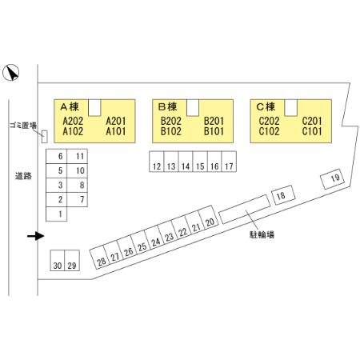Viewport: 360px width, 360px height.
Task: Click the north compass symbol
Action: pyautogui.click(x=10, y=72)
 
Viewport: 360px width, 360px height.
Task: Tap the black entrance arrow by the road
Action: pyautogui.click(x=36, y=236)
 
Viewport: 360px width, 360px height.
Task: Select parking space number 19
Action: pyautogui.click(x=332, y=179)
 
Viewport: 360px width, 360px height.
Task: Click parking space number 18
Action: pyautogui.click(x=283, y=195)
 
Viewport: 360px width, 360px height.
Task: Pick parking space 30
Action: pyautogui.click(x=58, y=260)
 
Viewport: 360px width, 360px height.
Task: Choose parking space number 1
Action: pyautogui.click(x=56, y=214)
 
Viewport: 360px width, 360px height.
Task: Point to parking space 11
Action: pyautogui.click(x=77, y=156)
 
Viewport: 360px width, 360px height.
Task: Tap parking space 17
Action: pyautogui.click(x=229, y=162)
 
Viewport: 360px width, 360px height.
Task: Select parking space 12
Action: pyautogui.click(x=157, y=162)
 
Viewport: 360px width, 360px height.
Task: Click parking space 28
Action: pyautogui.click(x=99, y=257)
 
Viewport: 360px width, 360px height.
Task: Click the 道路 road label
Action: pyautogui.click(x=23, y=176)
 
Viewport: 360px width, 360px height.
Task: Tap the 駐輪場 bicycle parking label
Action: pyautogui.click(x=262, y=234)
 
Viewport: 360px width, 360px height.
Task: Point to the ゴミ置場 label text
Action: pyautogui.click(x=23, y=126)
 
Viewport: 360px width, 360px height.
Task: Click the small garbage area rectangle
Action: pyautogui.click(x=45, y=137)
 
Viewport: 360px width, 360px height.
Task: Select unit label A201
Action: pyautogui.click(x=116, y=121)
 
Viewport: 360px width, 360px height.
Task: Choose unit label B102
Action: pyautogui.click(x=170, y=131)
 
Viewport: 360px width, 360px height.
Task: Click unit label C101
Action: pyautogui.click(x=312, y=131)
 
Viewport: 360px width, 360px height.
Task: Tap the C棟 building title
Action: pyautogui.click(x=266, y=107)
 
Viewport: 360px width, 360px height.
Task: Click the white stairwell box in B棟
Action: pyautogui.click(x=193, y=108)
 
